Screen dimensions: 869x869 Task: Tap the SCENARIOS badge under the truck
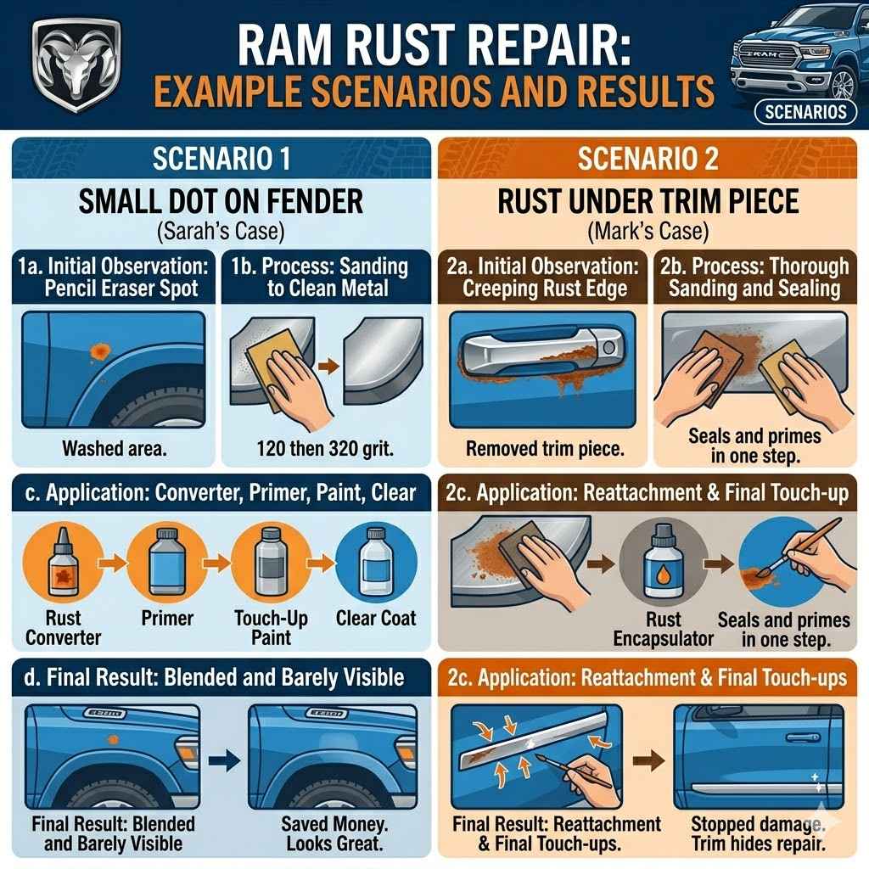click(805, 111)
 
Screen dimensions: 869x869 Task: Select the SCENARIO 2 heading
click(648, 159)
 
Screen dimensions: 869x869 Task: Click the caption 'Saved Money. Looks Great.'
click(332, 833)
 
